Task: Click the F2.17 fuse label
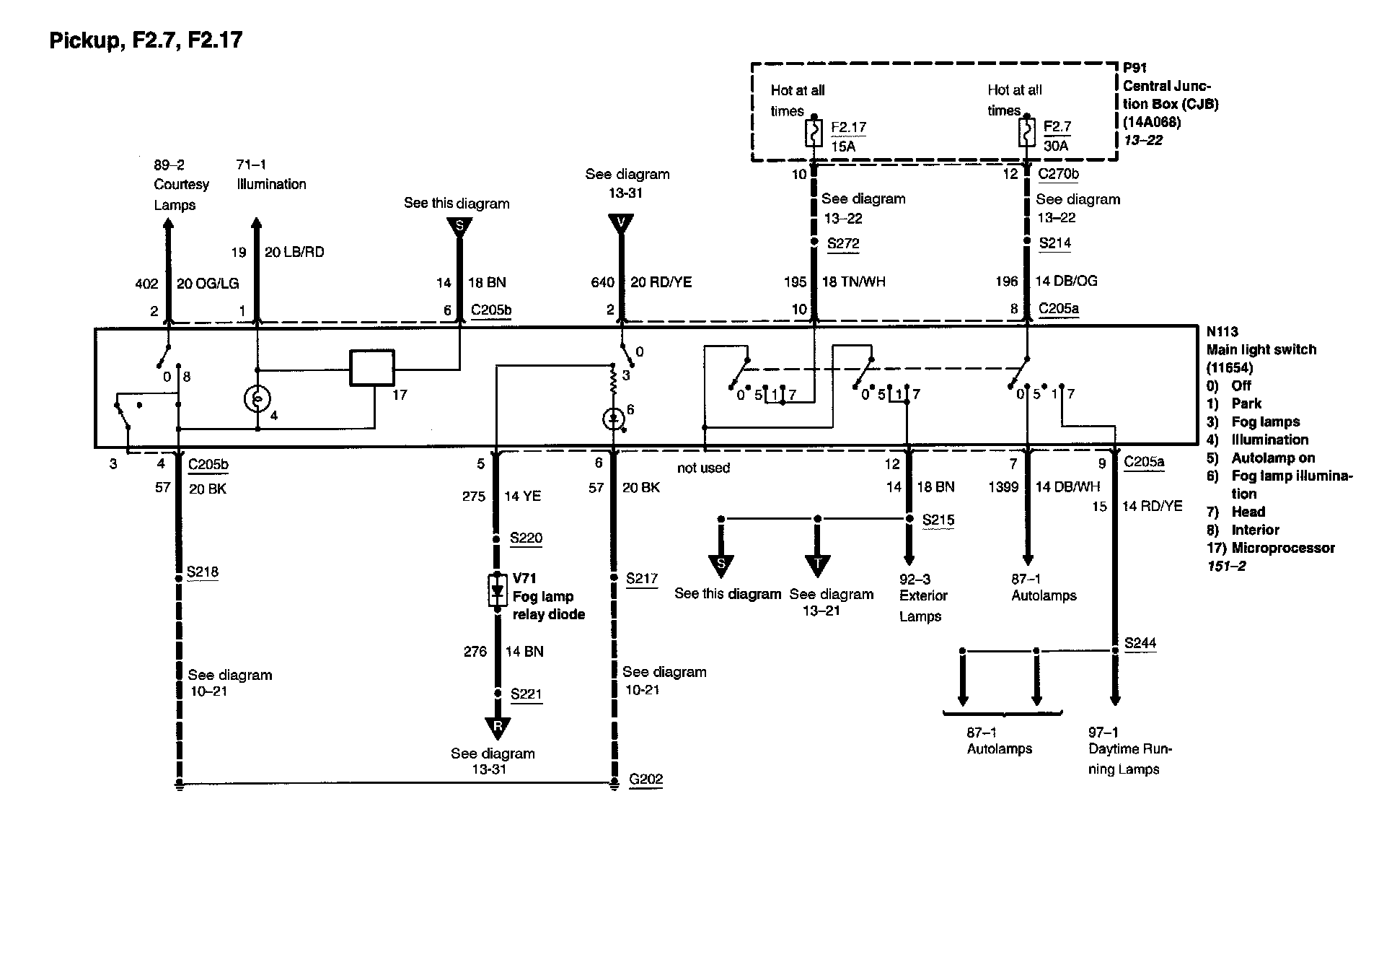(848, 128)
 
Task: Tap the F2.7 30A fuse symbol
(1026, 133)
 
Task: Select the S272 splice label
(843, 243)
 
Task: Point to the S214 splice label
(1054, 243)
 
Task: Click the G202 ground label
(646, 779)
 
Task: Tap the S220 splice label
(526, 538)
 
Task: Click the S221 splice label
(526, 694)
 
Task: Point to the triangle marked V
(621, 223)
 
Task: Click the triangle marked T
(817, 564)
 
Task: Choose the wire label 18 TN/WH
(854, 282)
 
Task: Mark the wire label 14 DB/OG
(1066, 281)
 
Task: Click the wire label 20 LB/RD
(294, 252)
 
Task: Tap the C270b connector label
(1058, 174)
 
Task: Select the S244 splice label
(1140, 643)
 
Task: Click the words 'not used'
(703, 468)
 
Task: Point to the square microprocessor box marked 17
(372, 368)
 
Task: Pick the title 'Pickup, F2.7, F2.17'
(146, 40)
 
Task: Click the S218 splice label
(202, 572)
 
